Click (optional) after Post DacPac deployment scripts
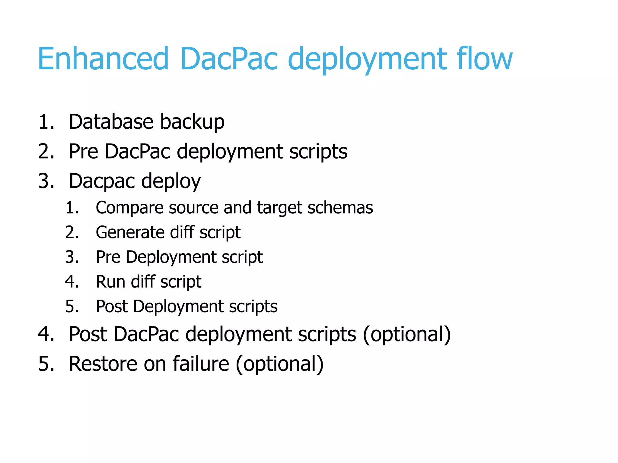tap(407, 334)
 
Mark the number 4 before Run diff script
tap(71, 282)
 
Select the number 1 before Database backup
tap(44, 122)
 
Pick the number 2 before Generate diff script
tap(71, 232)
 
